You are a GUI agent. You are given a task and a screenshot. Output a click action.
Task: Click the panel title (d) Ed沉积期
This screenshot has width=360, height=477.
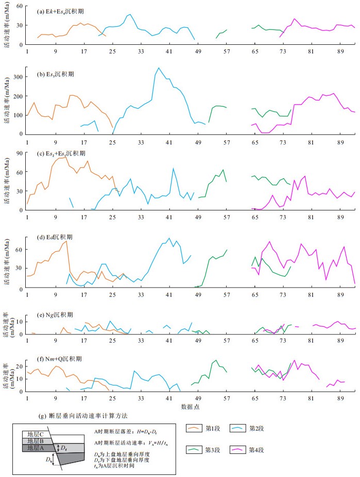[x=55, y=237]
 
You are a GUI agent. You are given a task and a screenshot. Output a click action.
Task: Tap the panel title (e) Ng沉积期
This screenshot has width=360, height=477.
[x=55, y=314]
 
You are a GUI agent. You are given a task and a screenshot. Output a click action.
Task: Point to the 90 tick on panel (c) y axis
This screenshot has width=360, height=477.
[x=20, y=153]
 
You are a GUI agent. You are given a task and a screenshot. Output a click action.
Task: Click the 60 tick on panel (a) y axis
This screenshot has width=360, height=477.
[x=20, y=6]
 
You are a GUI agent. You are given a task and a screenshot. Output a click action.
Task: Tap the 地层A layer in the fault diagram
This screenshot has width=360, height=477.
[x=32, y=448]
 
